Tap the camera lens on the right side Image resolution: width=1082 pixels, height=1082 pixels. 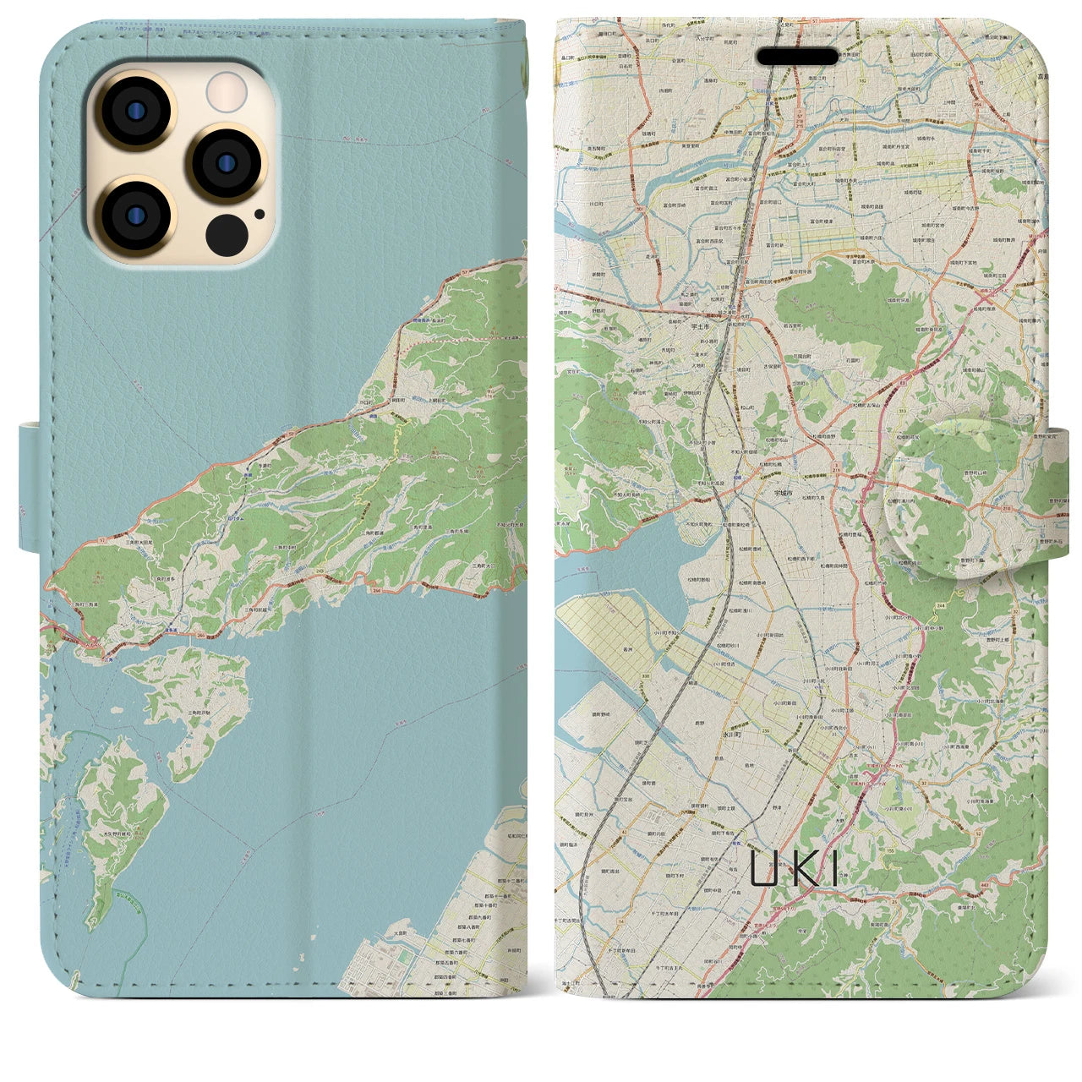click(x=226, y=162)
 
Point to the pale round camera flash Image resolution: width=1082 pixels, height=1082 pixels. click(x=227, y=90)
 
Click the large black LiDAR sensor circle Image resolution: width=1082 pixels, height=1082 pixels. click(x=227, y=232)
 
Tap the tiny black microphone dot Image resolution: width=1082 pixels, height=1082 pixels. click(x=259, y=214)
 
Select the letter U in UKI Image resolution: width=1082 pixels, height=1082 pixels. click(x=764, y=868)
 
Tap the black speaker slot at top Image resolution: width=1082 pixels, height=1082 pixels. click(x=797, y=56)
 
